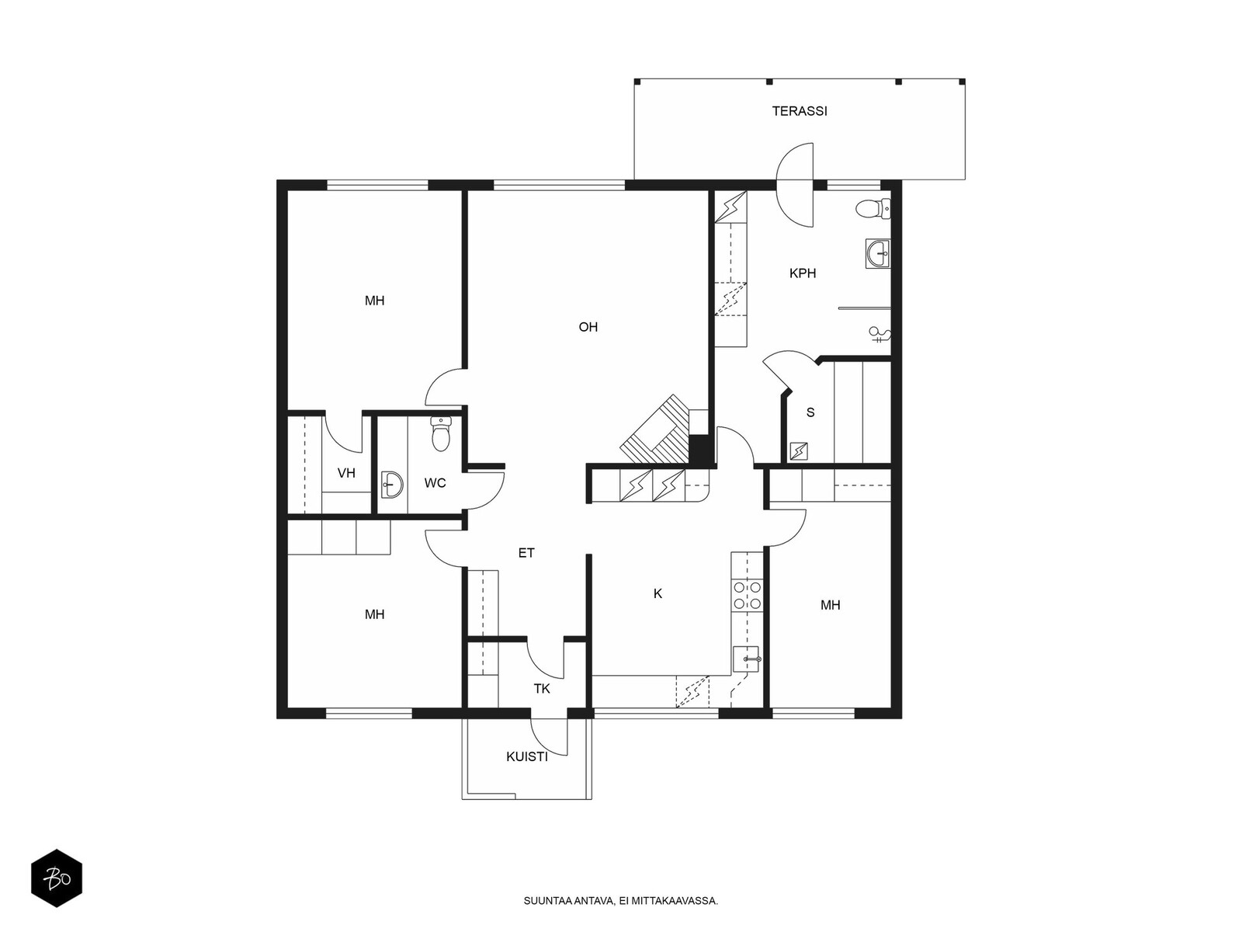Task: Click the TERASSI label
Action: (x=799, y=111)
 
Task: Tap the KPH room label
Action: (x=803, y=273)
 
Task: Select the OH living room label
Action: (x=588, y=326)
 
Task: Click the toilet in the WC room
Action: (x=439, y=434)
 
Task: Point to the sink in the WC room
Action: (x=391, y=485)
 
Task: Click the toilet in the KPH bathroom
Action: (x=873, y=210)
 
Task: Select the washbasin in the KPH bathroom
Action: (x=878, y=253)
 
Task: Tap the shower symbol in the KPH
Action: (x=879, y=335)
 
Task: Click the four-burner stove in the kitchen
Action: (x=747, y=595)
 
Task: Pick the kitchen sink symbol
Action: (x=746, y=659)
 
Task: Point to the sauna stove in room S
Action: (x=799, y=451)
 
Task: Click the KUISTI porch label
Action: (x=527, y=757)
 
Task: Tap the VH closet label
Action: (x=346, y=473)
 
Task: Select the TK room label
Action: (x=542, y=689)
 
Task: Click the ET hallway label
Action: (x=526, y=553)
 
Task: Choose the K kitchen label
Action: (x=657, y=593)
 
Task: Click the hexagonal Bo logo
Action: (x=57, y=878)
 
